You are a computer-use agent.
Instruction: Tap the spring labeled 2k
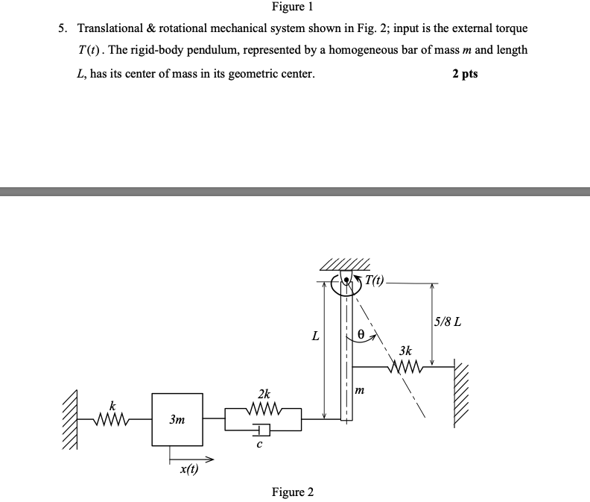coord(264,409)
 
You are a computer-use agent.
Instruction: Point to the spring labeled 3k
coord(406,365)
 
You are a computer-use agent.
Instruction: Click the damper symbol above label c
coord(262,430)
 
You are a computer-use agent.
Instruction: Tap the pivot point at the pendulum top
coord(346,282)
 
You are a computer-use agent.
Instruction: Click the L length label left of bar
coord(316,336)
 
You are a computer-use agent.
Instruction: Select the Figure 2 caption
coord(293,492)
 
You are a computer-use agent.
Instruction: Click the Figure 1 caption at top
coord(293,7)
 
